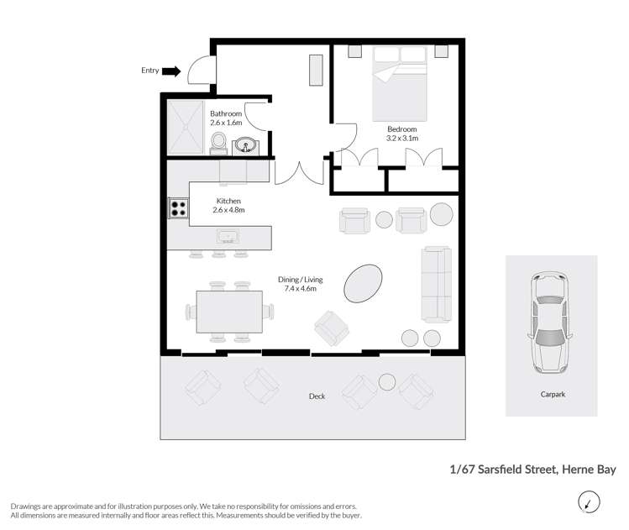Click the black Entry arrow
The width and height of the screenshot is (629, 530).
click(x=171, y=71)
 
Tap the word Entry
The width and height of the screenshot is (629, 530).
click(x=150, y=71)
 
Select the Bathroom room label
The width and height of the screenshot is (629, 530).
click(x=226, y=114)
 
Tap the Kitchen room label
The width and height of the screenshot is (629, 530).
click(x=228, y=202)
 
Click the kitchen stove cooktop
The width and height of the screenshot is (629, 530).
click(x=178, y=207)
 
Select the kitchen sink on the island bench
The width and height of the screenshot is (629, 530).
click(x=228, y=237)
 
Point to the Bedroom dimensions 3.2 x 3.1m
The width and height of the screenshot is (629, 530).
click(x=401, y=138)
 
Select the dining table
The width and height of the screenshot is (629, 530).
click(x=230, y=312)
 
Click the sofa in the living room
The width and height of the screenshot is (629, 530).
click(x=437, y=284)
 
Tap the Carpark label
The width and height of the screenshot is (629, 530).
click(x=551, y=393)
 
